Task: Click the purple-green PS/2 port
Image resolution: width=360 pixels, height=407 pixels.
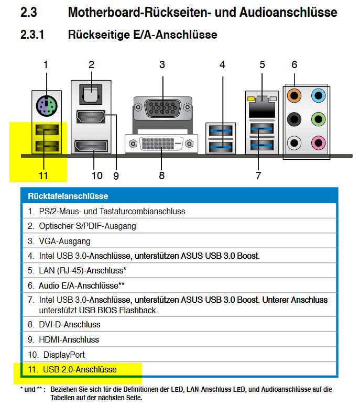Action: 46,107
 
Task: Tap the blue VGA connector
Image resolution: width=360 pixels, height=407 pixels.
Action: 162,109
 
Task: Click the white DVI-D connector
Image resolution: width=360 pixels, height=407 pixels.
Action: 161,142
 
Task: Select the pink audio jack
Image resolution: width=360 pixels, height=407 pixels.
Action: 318,141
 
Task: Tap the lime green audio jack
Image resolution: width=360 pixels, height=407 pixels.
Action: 318,118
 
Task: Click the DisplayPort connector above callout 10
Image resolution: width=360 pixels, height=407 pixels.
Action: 92,147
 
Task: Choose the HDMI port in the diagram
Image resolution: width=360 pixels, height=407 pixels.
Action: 91,117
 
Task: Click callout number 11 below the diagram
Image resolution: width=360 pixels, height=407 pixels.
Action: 43,175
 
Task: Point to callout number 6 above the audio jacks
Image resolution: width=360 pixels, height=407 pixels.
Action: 294,64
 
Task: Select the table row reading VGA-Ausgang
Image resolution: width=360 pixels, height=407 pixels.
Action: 64,241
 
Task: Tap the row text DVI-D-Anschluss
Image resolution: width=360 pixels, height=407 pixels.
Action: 69,324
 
